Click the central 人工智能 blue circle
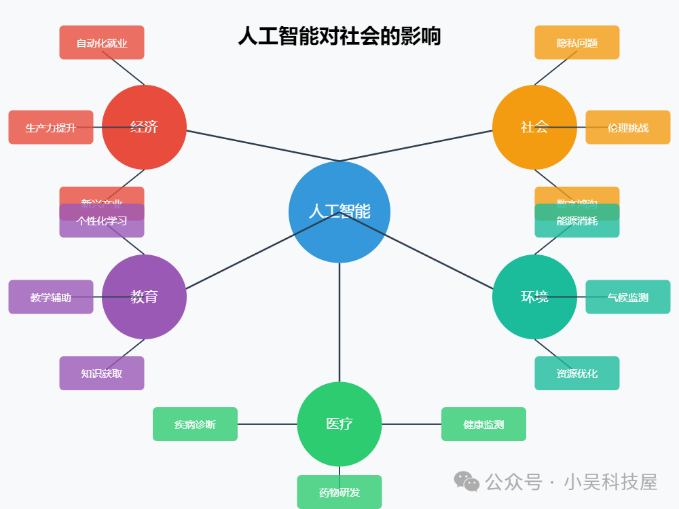pos(339,212)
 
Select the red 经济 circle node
pos(144,127)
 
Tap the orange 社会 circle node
pos(534,127)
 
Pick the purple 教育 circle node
pos(144,297)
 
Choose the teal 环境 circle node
pos(534,297)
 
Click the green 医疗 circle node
pos(339,424)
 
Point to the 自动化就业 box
pos(102,43)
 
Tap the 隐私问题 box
pos(577,43)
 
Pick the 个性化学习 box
pos(102,221)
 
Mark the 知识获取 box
pos(102,373)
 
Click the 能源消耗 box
pos(577,221)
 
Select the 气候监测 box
pos(628,297)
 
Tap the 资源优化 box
pos(577,373)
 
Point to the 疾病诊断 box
pos(195,424)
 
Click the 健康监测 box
pos(483,424)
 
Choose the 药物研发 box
pos(339,492)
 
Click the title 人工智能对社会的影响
pos(339,36)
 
